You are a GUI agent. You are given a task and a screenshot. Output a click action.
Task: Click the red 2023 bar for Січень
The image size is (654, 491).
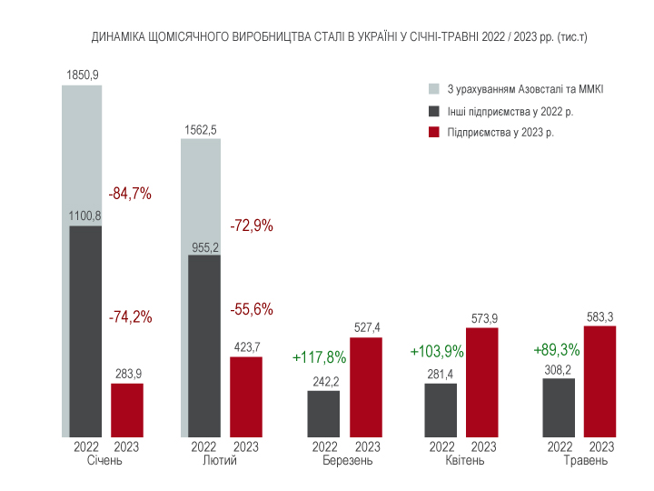[127, 410]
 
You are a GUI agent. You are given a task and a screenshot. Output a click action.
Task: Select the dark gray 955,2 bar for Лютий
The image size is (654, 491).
[203, 346]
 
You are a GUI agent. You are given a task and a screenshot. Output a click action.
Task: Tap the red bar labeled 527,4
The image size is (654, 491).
[366, 386]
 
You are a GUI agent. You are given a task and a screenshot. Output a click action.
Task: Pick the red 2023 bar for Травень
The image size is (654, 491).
[599, 381]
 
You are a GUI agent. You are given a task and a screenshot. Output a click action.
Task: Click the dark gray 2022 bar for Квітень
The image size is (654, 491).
[441, 409]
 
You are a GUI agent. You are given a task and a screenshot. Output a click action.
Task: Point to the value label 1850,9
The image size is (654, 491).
[82, 74]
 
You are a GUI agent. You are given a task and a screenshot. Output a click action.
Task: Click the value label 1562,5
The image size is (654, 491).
[200, 130]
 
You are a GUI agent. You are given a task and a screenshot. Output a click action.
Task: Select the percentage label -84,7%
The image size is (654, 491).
[130, 194]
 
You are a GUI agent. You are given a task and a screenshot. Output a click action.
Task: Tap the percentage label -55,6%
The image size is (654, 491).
[251, 309]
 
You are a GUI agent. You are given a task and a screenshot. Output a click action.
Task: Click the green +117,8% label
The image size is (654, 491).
[321, 356]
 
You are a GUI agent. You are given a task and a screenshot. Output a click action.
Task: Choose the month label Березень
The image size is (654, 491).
[347, 461]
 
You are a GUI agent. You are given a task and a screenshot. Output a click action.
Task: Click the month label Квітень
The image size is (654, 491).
[464, 461]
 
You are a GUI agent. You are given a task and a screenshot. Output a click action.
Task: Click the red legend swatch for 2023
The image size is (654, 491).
[433, 133]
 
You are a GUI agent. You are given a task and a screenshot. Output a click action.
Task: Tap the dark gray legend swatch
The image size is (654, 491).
[433, 111]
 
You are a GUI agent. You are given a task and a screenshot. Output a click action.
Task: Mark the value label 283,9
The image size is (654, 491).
[127, 374]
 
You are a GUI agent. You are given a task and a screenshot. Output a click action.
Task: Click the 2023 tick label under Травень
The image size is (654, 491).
[601, 446]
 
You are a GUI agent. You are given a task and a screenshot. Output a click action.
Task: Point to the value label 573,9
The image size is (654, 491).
[483, 318]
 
